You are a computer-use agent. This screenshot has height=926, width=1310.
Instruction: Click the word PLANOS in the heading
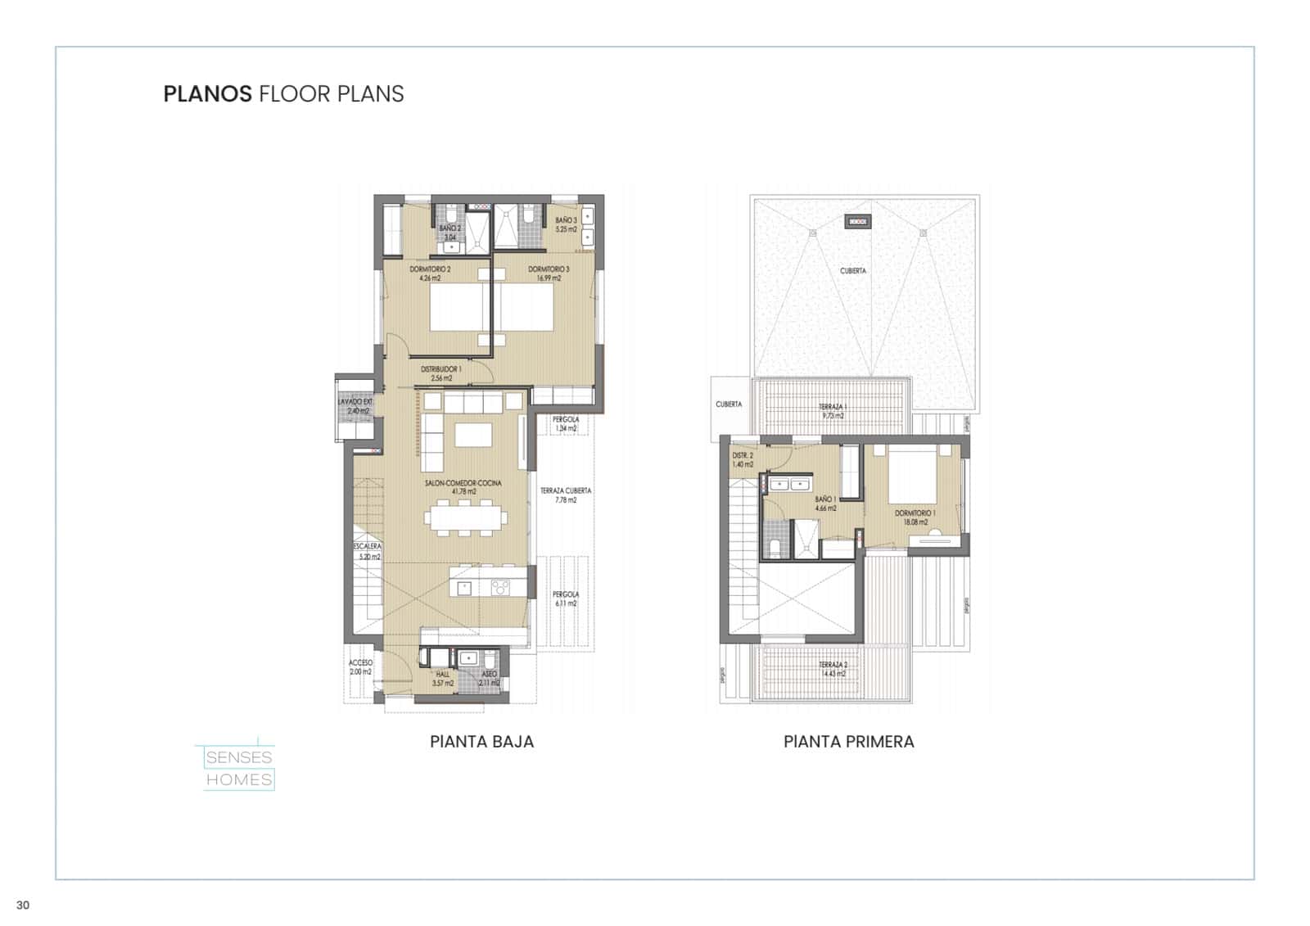pos(207,94)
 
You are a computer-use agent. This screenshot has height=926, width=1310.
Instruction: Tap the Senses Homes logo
pos(238,768)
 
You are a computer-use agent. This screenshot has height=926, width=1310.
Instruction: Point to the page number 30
pos(23,905)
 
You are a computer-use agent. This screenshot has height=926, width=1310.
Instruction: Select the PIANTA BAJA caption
pos(481,742)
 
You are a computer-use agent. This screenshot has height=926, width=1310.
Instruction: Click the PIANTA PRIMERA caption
pos(848,742)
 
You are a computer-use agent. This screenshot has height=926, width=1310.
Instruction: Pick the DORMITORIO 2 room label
pos(431,273)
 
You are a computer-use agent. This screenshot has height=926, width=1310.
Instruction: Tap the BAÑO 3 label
pos(566,224)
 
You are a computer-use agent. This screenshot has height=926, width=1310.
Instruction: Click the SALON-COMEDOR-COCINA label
pos(463,487)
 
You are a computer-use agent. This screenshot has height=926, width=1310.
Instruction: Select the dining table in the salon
pos(466,517)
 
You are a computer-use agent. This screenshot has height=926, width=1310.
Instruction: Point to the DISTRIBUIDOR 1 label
pos(441,373)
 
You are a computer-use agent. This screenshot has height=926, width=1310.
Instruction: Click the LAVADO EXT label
pos(355,406)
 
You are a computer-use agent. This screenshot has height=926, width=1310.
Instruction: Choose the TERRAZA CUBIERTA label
pos(566,495)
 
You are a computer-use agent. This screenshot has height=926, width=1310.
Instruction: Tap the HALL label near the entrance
pos(443,678)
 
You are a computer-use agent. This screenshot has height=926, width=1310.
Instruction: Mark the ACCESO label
pos(360,666)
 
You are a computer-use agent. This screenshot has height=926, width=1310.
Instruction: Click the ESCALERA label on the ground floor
pos(368,551)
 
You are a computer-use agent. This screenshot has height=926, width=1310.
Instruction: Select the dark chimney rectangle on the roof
pos(857,221)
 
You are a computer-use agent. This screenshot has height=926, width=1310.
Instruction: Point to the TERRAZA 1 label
pos(832,411)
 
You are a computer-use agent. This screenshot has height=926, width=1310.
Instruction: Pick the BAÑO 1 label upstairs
pos(825,503)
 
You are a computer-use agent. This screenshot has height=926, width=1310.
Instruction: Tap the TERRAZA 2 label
pos(833,669)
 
